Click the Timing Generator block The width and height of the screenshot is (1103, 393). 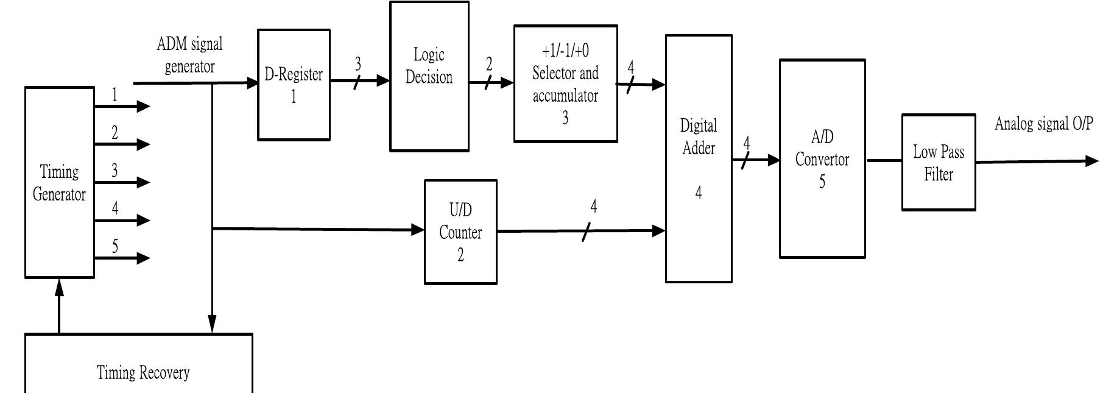tap(59, 183)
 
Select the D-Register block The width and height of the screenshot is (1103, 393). tap(294, 85)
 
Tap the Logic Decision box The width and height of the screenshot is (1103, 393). tap(429, 76)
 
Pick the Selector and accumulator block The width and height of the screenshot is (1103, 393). tap(565, 84)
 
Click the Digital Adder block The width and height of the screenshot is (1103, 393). tap(698, 158)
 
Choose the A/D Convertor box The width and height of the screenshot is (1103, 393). tap(822, 159)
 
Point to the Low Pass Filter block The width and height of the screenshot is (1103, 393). tap(938, 163)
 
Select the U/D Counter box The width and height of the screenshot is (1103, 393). tap(460, 232)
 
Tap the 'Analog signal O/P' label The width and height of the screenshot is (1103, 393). tap(1043, 124)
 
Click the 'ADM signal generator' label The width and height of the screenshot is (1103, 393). tap(189, 55)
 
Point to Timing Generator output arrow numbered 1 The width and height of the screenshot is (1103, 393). tap(122, 106)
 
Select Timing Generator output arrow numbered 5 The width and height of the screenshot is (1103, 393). tap(122, 258)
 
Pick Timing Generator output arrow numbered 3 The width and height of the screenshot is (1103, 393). tap(122, 182)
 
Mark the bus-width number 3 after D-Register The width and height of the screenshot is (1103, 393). tap(358, 63)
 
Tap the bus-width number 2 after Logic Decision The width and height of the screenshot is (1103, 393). tap(489, 64)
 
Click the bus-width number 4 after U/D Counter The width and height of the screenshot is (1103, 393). tap(593, 207)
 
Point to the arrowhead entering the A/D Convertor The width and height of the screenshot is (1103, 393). tap(774, 160)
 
